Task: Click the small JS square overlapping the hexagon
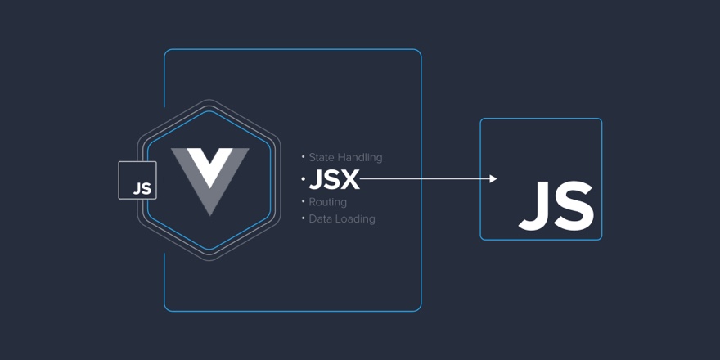137,180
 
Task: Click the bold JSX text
334,180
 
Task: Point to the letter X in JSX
350,180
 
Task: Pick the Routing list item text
328,202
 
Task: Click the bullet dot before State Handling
303,156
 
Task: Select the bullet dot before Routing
303,201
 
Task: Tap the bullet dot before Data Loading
303,218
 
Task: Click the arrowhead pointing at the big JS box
493,178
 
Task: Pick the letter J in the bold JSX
315,180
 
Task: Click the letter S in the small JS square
146,188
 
